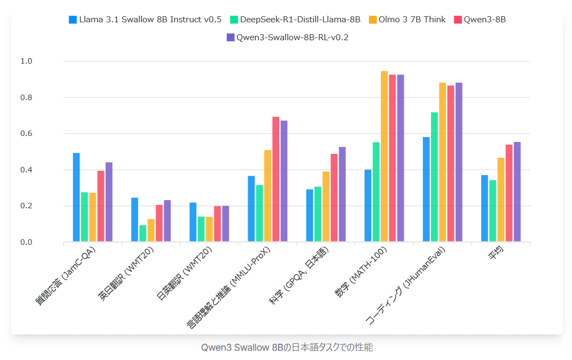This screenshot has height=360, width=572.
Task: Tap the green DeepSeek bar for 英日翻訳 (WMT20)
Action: click(x=143, y=233)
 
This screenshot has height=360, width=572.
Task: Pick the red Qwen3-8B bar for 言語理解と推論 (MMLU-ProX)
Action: click(x=275, y=179)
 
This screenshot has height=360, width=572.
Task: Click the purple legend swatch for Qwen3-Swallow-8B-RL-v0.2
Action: click(x=230, y=38)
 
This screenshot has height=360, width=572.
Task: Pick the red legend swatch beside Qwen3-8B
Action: click(x=458, y=20)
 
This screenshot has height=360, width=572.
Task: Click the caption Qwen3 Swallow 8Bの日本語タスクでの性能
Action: click(x=287, y=347)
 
